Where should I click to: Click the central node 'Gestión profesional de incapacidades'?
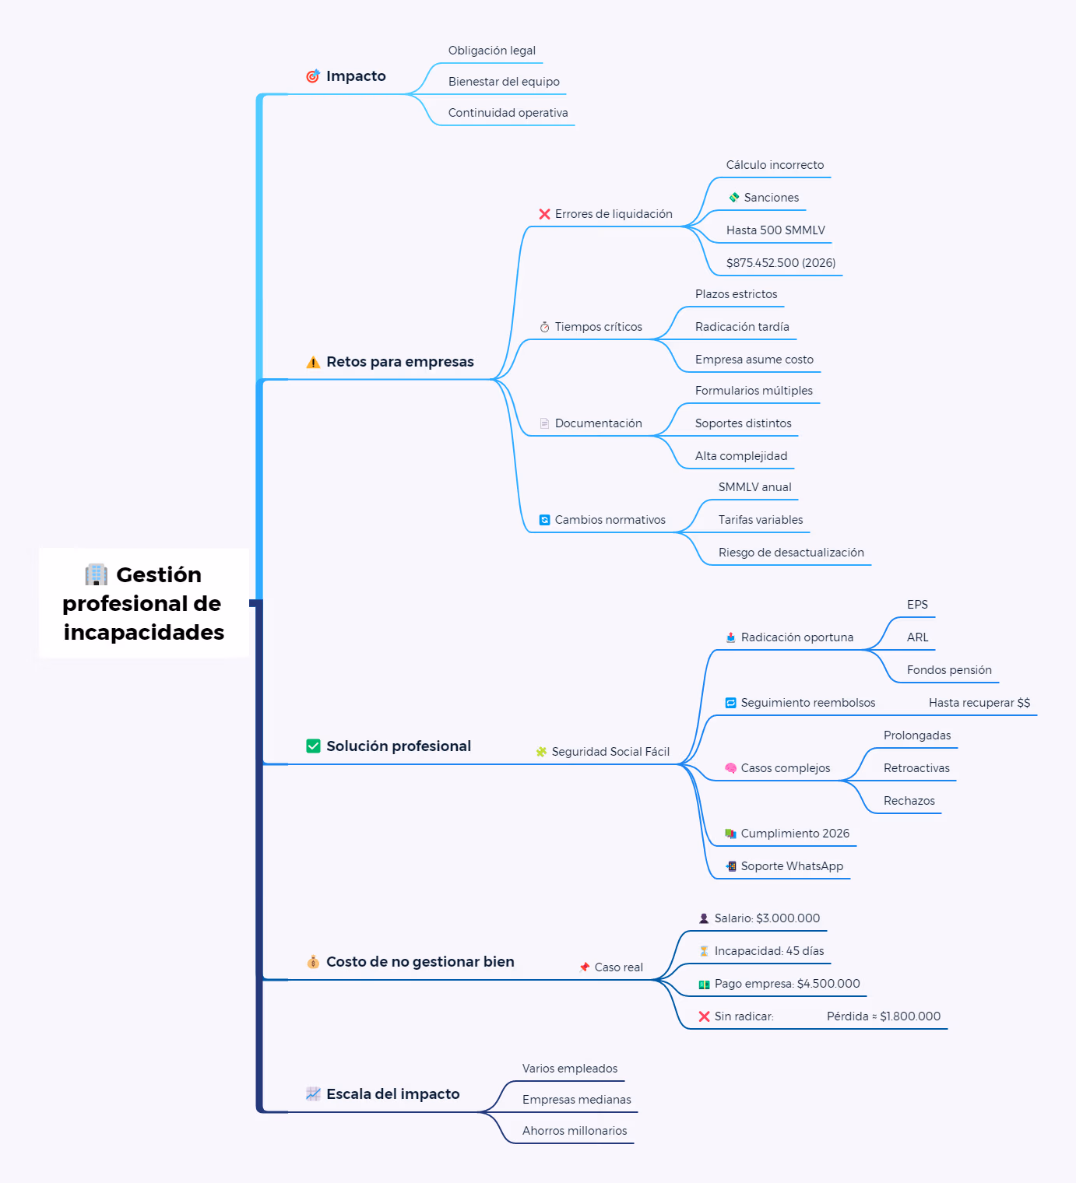(x=143, y=602)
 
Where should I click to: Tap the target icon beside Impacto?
(x=313, y=76)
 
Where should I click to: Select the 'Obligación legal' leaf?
(x=491, y=51)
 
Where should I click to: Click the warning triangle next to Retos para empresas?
(x=313, y=362)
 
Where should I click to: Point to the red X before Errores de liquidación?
(x=544, y=214)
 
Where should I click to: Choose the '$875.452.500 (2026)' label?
(x=780, y=263)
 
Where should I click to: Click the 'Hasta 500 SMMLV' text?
(x=775, y=230)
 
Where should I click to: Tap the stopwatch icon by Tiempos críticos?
(x=544, y=327)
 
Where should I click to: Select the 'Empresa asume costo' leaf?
(x=754, y=359)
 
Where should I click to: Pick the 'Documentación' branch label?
(x=598, y=423)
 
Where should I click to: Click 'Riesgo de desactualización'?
(x=791, y=553)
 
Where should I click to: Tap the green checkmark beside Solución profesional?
(x=313, y=746)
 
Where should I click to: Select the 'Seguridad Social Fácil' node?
(x=610, y=752)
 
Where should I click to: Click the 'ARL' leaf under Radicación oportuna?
(x=917, y=637)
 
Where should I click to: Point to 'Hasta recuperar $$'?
(x=979, y=703)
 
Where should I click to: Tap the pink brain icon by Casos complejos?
(x=730, y=768)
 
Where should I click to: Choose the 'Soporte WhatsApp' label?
(x=792, y=866)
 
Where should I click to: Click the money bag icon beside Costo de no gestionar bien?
(x=313, y=962)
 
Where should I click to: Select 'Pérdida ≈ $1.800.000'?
(x=883, y=1016)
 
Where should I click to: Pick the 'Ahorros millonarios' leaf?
(x=575, y=1131)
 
